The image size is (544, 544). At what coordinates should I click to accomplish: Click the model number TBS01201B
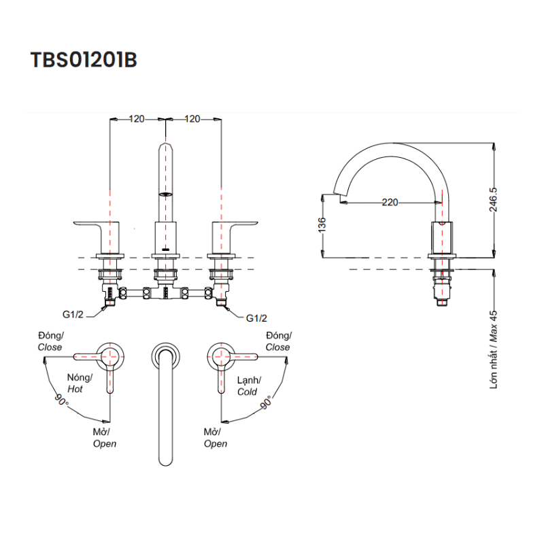(x=84, y=60)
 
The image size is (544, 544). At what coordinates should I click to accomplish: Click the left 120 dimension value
(x=137, y=119)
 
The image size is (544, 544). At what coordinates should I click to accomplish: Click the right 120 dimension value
(x=192, y=119)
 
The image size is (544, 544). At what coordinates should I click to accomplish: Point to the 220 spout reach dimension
(x=390, y=202)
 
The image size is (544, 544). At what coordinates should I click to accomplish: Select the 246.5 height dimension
(x=503, y=200)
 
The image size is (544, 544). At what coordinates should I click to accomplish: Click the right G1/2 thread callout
(x=256, y=318)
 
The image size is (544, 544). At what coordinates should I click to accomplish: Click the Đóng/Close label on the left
(x=50, y=341)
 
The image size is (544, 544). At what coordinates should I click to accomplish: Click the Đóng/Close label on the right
(x=277, y=341)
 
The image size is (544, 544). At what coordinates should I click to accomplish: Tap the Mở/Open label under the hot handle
(x=104, y=438)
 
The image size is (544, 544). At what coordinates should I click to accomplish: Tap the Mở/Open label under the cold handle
(x=216, y=438)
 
